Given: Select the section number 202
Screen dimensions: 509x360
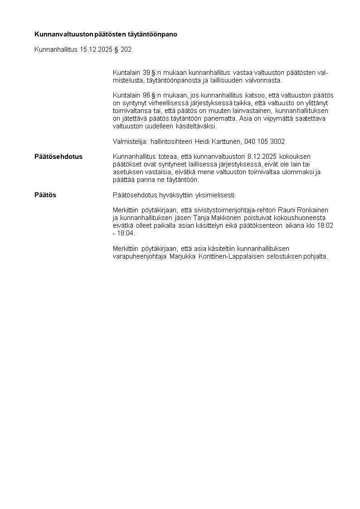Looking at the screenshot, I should (126, 49).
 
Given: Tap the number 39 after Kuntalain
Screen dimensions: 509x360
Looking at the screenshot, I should (146, 73).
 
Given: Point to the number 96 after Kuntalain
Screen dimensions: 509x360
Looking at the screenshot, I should (146, 95).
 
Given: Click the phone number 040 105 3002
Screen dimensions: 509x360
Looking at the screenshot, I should (264, 142).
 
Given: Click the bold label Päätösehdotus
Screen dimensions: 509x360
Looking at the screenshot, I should (58, 157).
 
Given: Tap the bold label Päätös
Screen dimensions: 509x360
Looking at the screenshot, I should (45, 195).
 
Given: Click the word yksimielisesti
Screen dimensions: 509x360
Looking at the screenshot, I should (215, 195).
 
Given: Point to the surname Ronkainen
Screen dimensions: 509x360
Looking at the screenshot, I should (316, 210).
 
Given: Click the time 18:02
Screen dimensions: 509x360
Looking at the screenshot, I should (326, 225).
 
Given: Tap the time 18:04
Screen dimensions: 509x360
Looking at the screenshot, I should (126, 233).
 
